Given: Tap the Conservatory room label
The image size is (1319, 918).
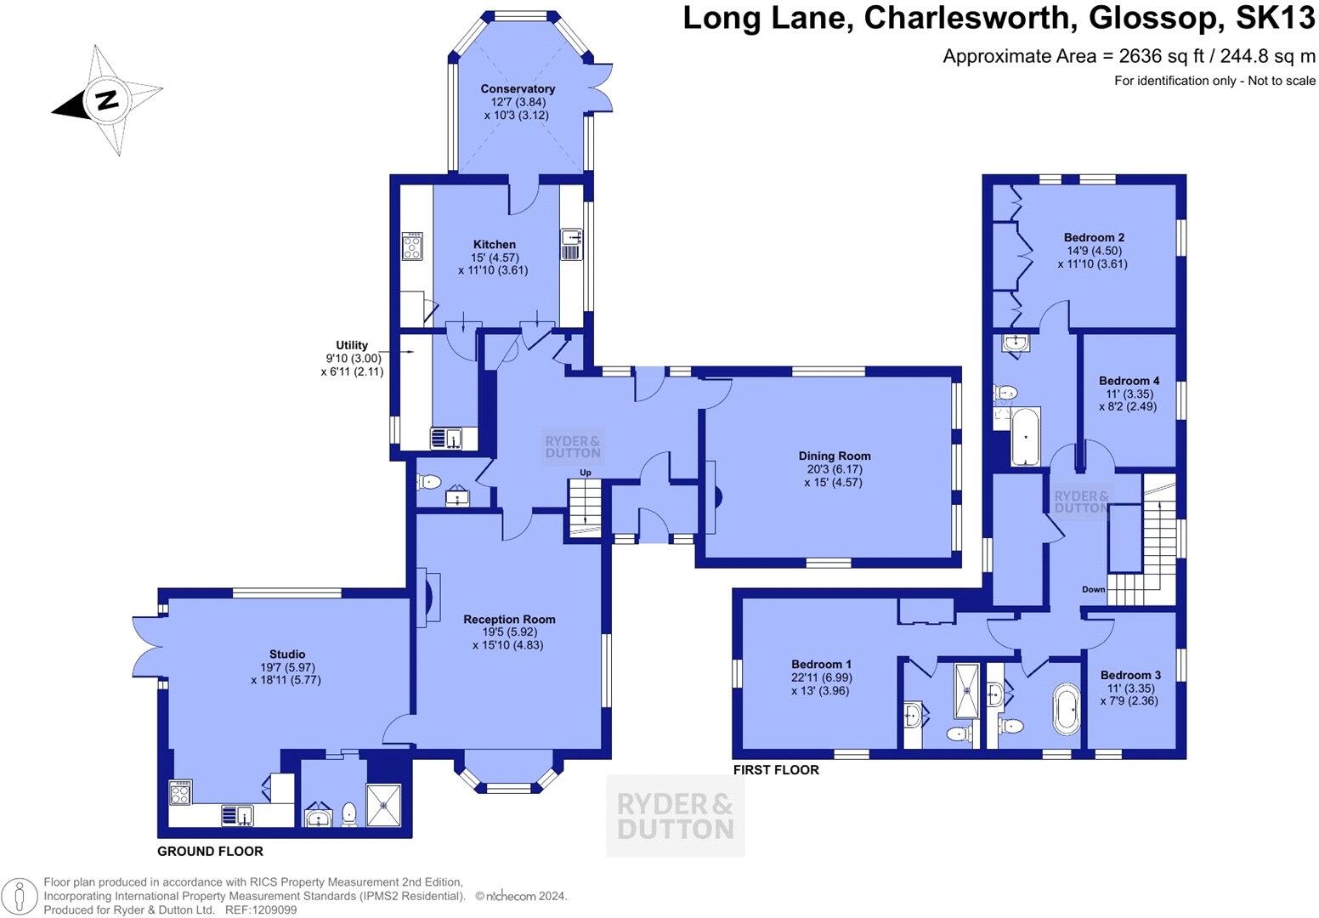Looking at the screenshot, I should (517, 88).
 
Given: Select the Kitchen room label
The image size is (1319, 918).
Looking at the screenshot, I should (494, 245).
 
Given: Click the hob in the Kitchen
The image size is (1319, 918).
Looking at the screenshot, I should (413, 246).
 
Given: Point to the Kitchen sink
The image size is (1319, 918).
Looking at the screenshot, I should (570, 245).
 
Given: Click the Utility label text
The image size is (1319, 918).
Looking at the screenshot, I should (352, 345).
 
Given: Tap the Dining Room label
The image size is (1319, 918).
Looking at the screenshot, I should (834, 456).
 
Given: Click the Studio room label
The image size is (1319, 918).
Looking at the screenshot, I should (286, 654).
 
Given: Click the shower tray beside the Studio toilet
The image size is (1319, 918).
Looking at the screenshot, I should (388, 804).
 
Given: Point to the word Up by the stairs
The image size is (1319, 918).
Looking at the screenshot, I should (586, 473).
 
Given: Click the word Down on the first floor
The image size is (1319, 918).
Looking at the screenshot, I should (1094, 590).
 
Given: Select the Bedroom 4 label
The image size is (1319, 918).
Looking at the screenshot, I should (1129, 381).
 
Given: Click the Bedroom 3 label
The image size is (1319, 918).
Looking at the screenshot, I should (1130, 675).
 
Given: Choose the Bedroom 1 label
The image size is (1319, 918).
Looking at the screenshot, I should (821, 664).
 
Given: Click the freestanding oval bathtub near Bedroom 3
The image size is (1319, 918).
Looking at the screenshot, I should (1066, 708).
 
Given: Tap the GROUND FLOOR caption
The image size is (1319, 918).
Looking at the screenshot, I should (211, 851).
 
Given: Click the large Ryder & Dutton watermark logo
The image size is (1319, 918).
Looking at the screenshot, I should (675, 815).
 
